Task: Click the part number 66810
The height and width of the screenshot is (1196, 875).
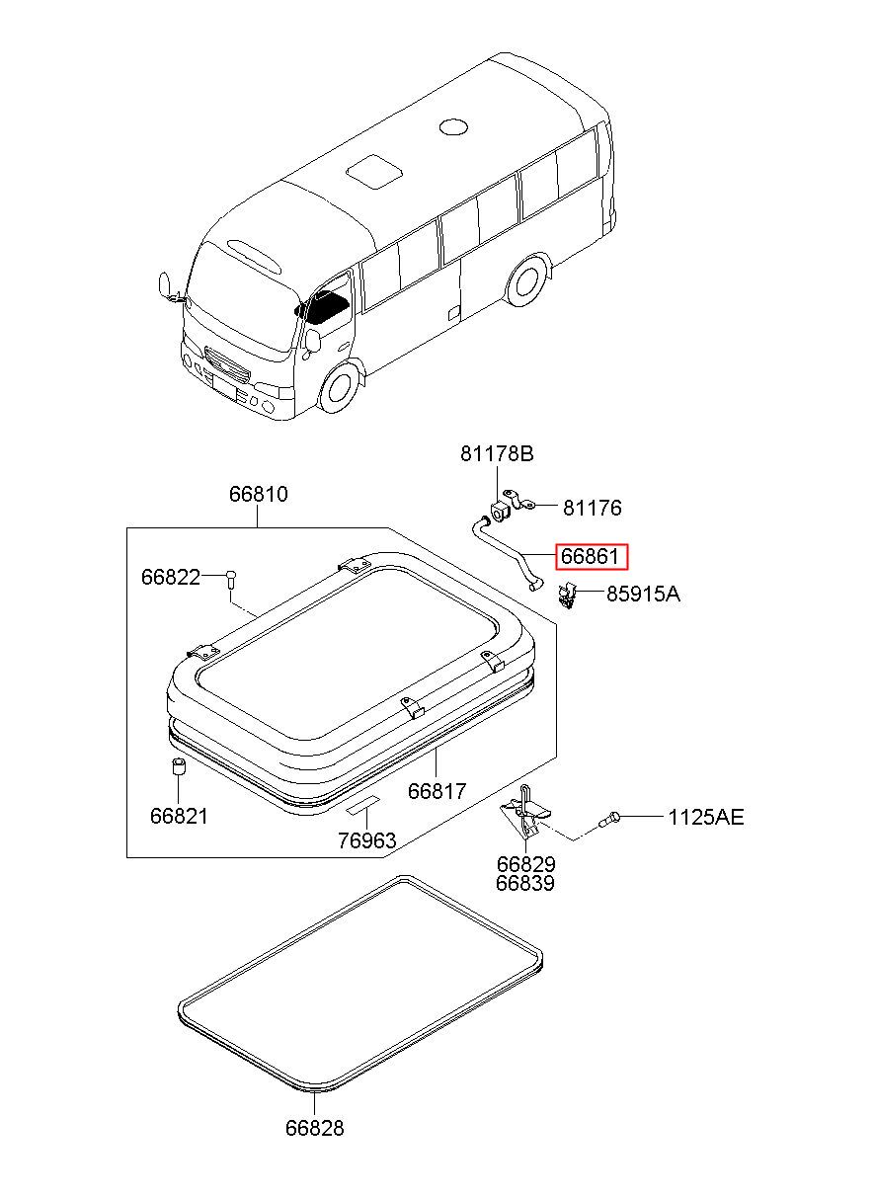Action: click(259, 494)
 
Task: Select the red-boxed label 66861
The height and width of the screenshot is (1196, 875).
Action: click(590, 557)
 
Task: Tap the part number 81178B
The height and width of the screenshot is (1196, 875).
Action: click(496, 454)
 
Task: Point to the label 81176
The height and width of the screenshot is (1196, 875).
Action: click(592, 509)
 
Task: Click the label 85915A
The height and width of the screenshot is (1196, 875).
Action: click(643, 595)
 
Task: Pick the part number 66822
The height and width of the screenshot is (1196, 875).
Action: click(170, 577)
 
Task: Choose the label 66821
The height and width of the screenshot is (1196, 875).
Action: click(180, 817)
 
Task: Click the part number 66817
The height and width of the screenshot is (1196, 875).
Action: click(437, 791)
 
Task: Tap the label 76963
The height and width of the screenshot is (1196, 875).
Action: click(366, 840)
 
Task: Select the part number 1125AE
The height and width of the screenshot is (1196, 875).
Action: click(705, 817)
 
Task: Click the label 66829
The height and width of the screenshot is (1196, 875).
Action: click(525, 864)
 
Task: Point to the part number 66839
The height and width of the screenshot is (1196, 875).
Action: click(525, 883)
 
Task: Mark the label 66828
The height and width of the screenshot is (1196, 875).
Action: click(315, 1128)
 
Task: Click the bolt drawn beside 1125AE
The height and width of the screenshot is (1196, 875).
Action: click(610, 818)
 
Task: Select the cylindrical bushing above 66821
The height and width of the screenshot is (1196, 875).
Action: click(179, 768)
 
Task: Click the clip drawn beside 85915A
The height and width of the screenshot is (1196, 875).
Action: click(568, 596)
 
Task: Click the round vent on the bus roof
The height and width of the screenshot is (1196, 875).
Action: click(452, 126)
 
